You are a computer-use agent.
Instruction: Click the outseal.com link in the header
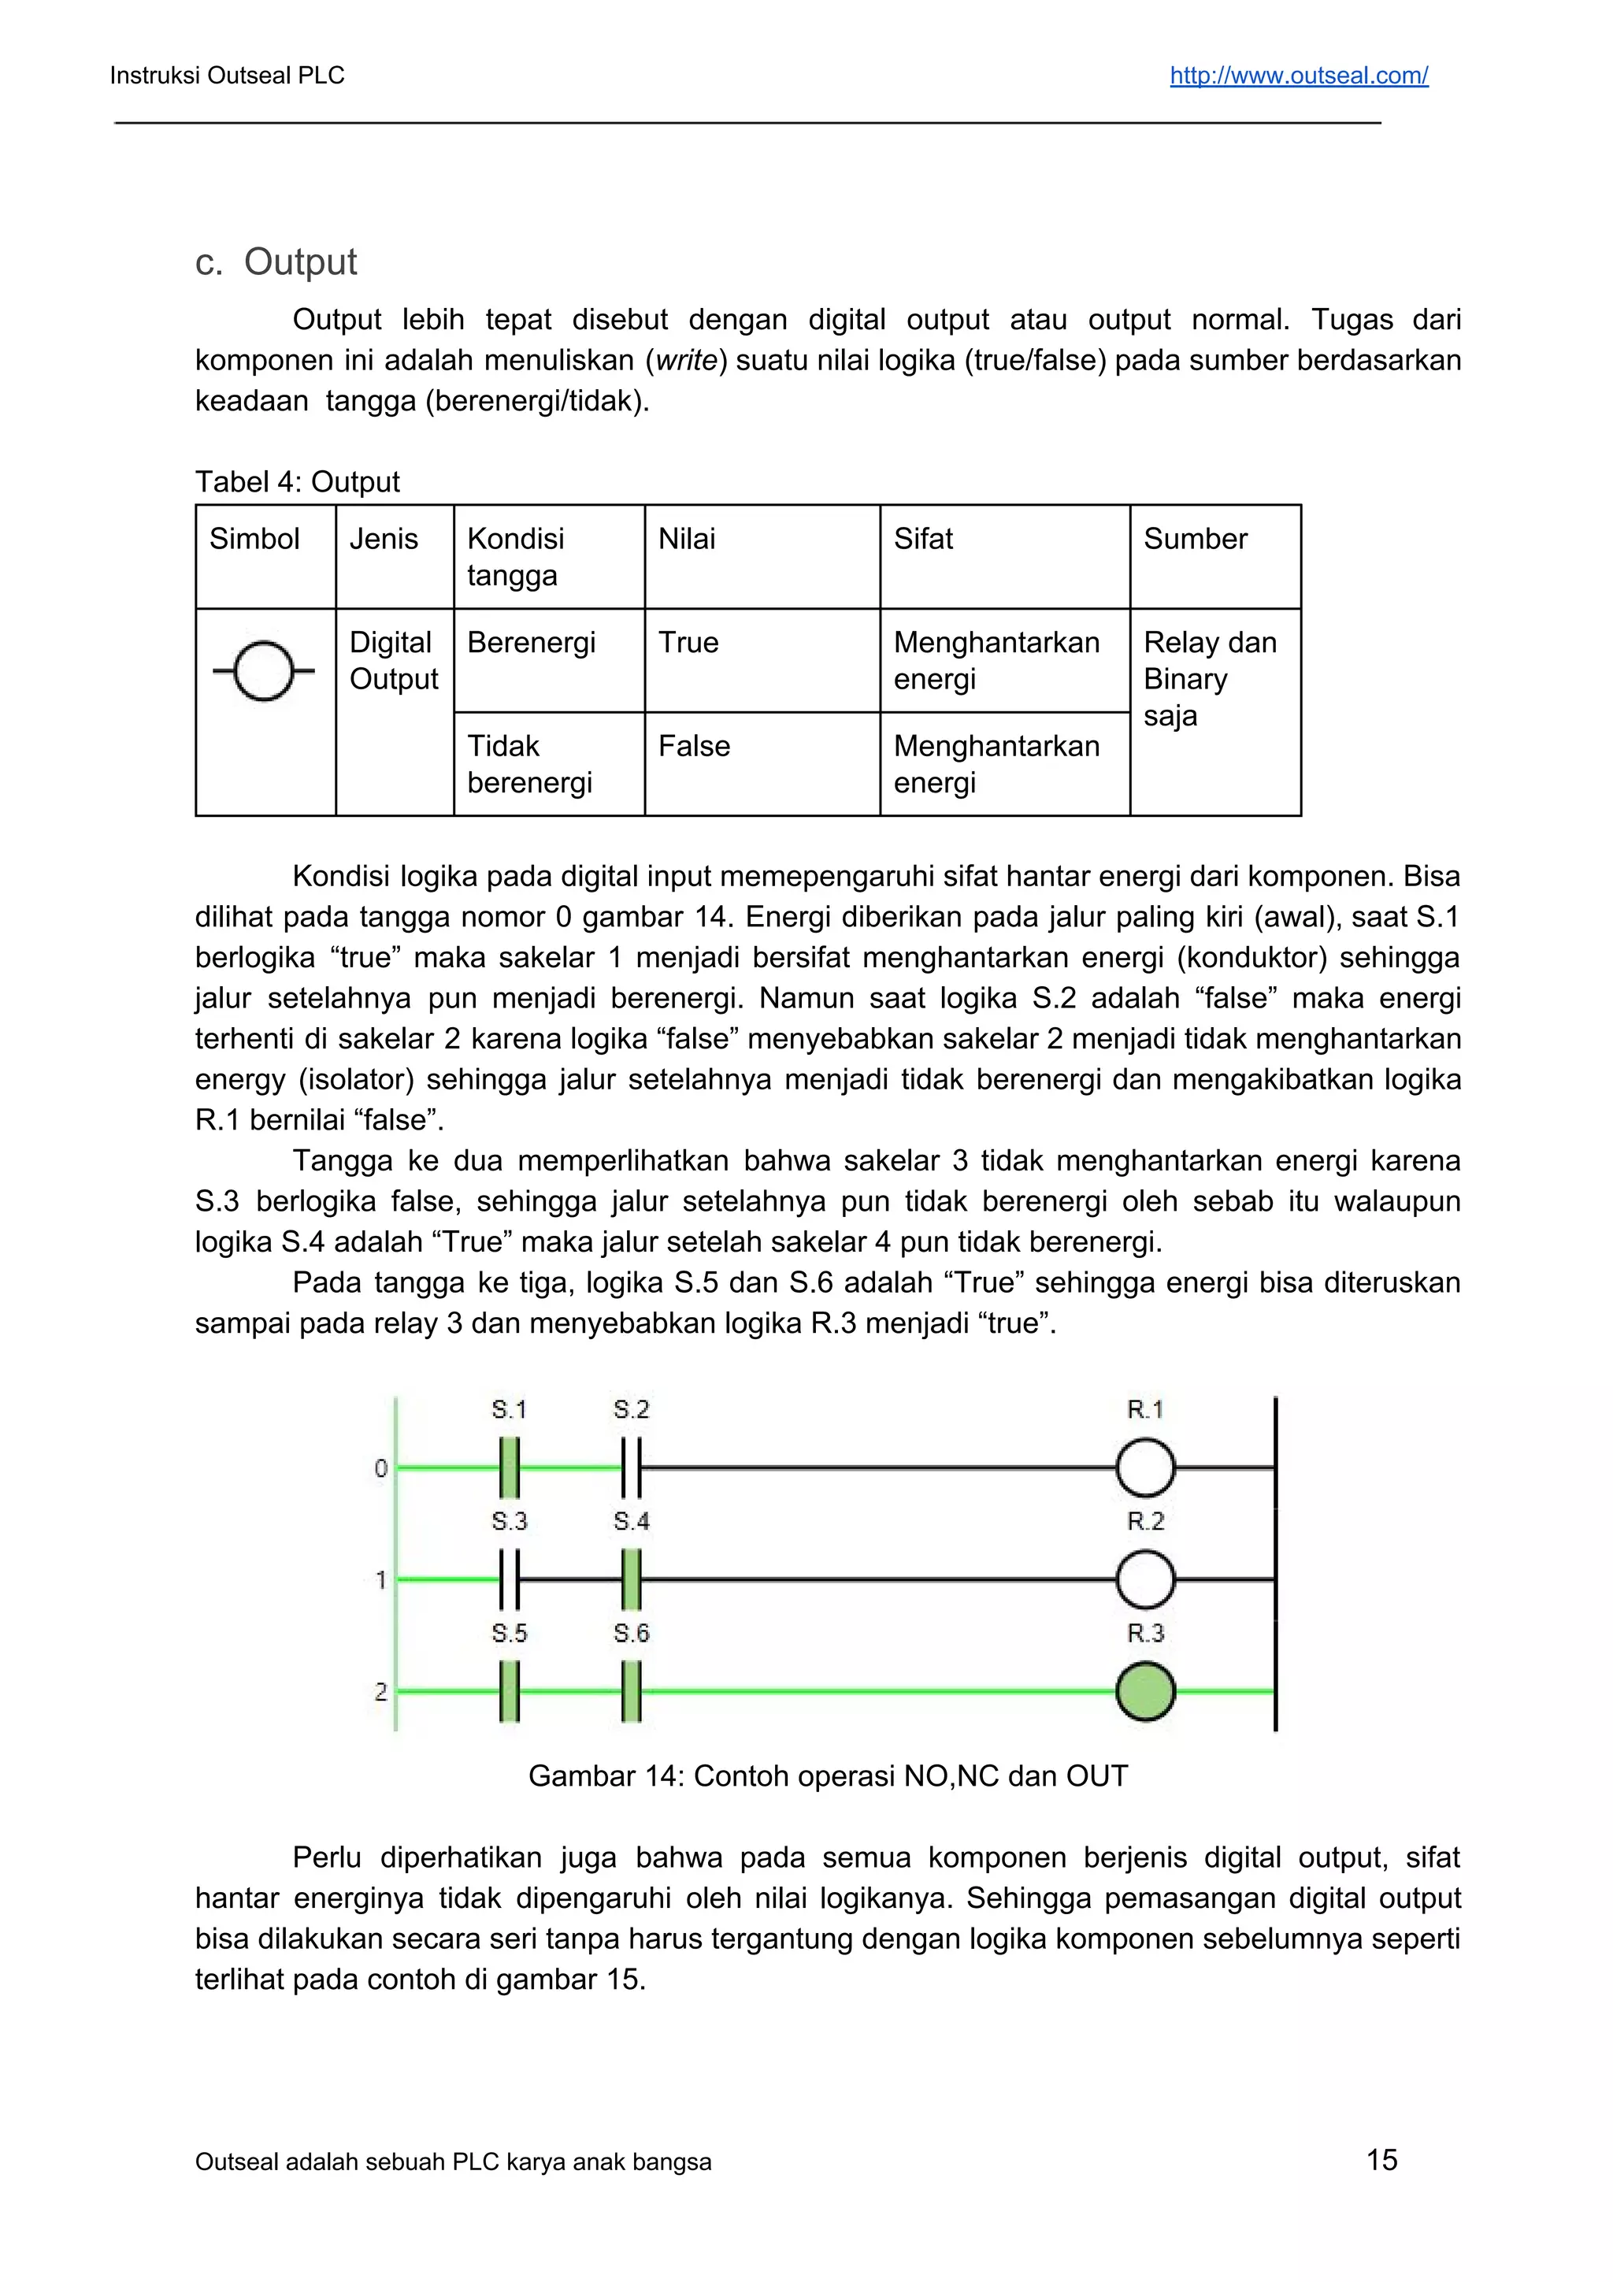[1298, 76]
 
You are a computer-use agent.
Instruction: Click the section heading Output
[299, 262]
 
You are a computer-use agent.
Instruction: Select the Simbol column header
[254, 539]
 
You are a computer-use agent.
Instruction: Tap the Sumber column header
[1195, 539]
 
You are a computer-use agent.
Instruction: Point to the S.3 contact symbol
[510, 1579]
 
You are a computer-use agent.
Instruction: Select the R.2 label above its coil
[1145, 1520]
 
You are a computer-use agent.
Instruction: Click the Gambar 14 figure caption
[828, 1776]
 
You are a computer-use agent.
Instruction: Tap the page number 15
[1381, 2159]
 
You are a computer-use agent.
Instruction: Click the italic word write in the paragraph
[686, 361]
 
